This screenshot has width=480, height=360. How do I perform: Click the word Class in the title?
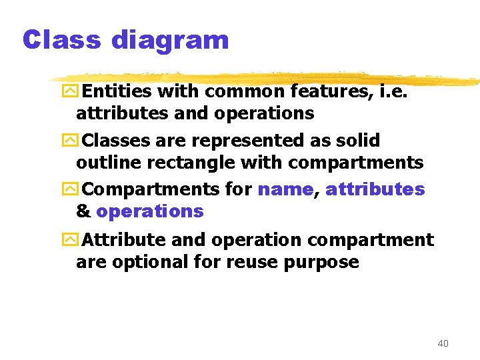(x=61, y=40)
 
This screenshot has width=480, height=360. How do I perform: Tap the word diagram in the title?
(x=170, y=41)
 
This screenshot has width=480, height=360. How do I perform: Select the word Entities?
(x=119, y=91)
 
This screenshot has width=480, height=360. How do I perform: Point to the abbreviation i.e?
(x=393, y=91)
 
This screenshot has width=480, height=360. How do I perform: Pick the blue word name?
(x=285, y=189)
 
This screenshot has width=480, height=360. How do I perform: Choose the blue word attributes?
(x=375, y=189)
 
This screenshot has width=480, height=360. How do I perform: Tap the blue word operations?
(x=150, y=211)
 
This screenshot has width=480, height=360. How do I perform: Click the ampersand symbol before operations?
(x=83, y=211)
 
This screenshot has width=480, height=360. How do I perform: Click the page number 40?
(x=443, y=343)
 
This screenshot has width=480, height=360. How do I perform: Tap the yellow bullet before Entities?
(x=70, y=91)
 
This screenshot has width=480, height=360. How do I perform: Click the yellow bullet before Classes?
(x=70, y=141)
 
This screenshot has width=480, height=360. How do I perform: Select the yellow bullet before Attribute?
(x=70, y=239)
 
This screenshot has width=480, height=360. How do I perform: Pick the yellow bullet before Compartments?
(x=70, y=189)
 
